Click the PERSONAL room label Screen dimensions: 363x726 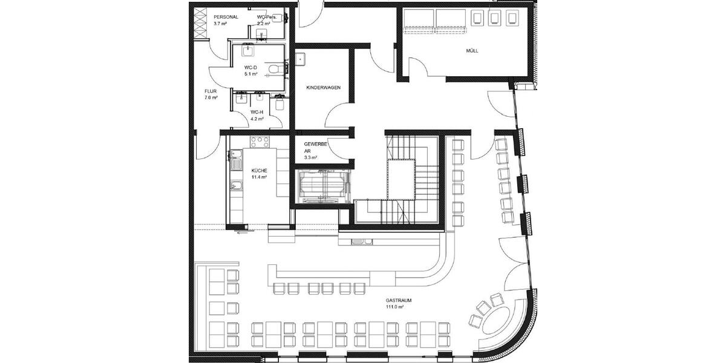pos(226,17)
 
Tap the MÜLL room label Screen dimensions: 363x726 pos(472,51)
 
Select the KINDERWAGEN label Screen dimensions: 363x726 pos(323,88)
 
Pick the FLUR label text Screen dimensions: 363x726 pos(211,91)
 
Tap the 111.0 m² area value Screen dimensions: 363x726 pos(394,307)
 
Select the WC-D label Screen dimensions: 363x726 pos(250,67)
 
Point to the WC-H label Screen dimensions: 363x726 pos(257,113)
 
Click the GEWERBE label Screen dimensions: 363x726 pos(316,145)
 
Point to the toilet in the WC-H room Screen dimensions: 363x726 pos(279,104)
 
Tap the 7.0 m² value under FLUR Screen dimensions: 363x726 pos(211,98)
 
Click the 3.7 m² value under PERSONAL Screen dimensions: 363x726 pos(220,24)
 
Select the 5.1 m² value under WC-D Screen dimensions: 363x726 pos(250,74)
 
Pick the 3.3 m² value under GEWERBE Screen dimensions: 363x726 pos(310,158)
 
